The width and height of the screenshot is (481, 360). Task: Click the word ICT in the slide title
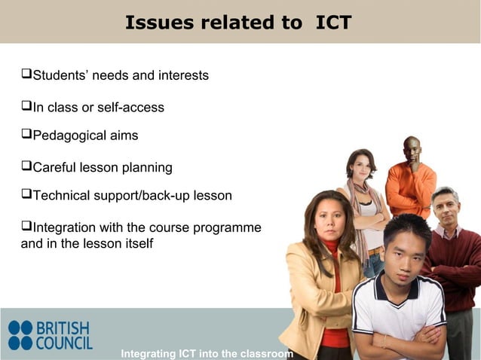[333, 23]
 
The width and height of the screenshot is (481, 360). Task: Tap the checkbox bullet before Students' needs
[26, 75]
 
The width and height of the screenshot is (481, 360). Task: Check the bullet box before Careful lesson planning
[26, 166]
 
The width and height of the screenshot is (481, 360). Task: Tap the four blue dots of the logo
[20, 336]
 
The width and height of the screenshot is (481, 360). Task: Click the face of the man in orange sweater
[412, 152]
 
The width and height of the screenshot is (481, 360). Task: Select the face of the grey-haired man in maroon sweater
[446, 209]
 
